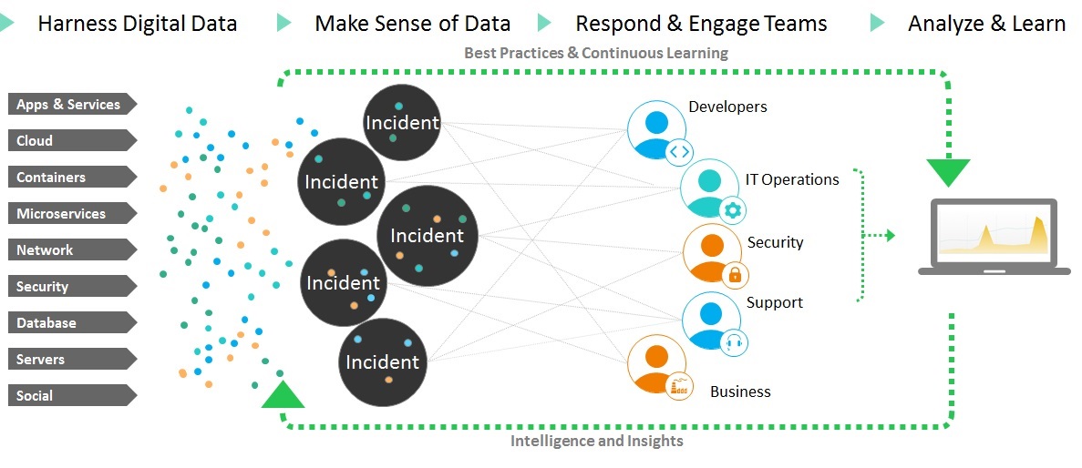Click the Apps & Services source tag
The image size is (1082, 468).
[x=71, y=105]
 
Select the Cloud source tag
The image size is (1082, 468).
[x=71, y=141]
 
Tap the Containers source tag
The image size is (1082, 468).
[x=71, y=178]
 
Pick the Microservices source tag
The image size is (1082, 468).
[x=71, y=214]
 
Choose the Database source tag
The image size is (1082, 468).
[x=71, y=323]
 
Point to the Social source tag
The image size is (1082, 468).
[x=71, y=396]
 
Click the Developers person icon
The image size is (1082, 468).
[x=656, y=128]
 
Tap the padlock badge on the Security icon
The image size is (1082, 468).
[x=734, y=273]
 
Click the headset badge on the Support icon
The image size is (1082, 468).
[x=734, y=341]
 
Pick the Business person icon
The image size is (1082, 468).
[x=655, y=363]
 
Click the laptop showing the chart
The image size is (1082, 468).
[x=994, y=236]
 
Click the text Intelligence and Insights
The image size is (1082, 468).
[x=596, y=442]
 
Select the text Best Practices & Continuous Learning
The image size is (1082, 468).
[x=596, y=53]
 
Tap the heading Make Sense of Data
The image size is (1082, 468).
[x=412, y=24]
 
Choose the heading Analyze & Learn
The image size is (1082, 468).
[x=986, y=24]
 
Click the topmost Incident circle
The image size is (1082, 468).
[x=402, y=122]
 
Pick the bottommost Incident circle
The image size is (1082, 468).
[x=383, y=361]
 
